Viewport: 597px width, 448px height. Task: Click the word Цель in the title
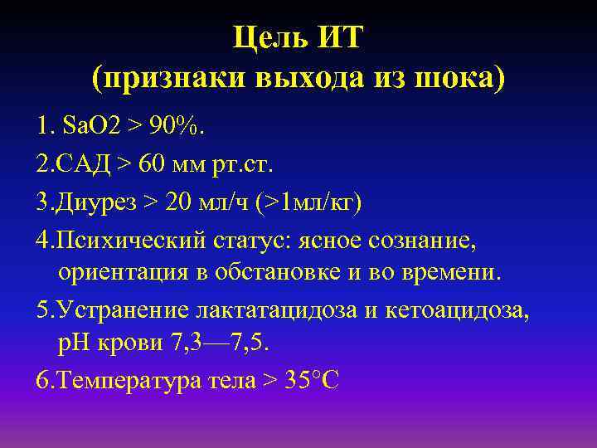[x=272, y=39]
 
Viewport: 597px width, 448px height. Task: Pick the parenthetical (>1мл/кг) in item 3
[x=307, y=201]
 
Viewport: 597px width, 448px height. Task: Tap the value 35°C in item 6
[x=308, y=382]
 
